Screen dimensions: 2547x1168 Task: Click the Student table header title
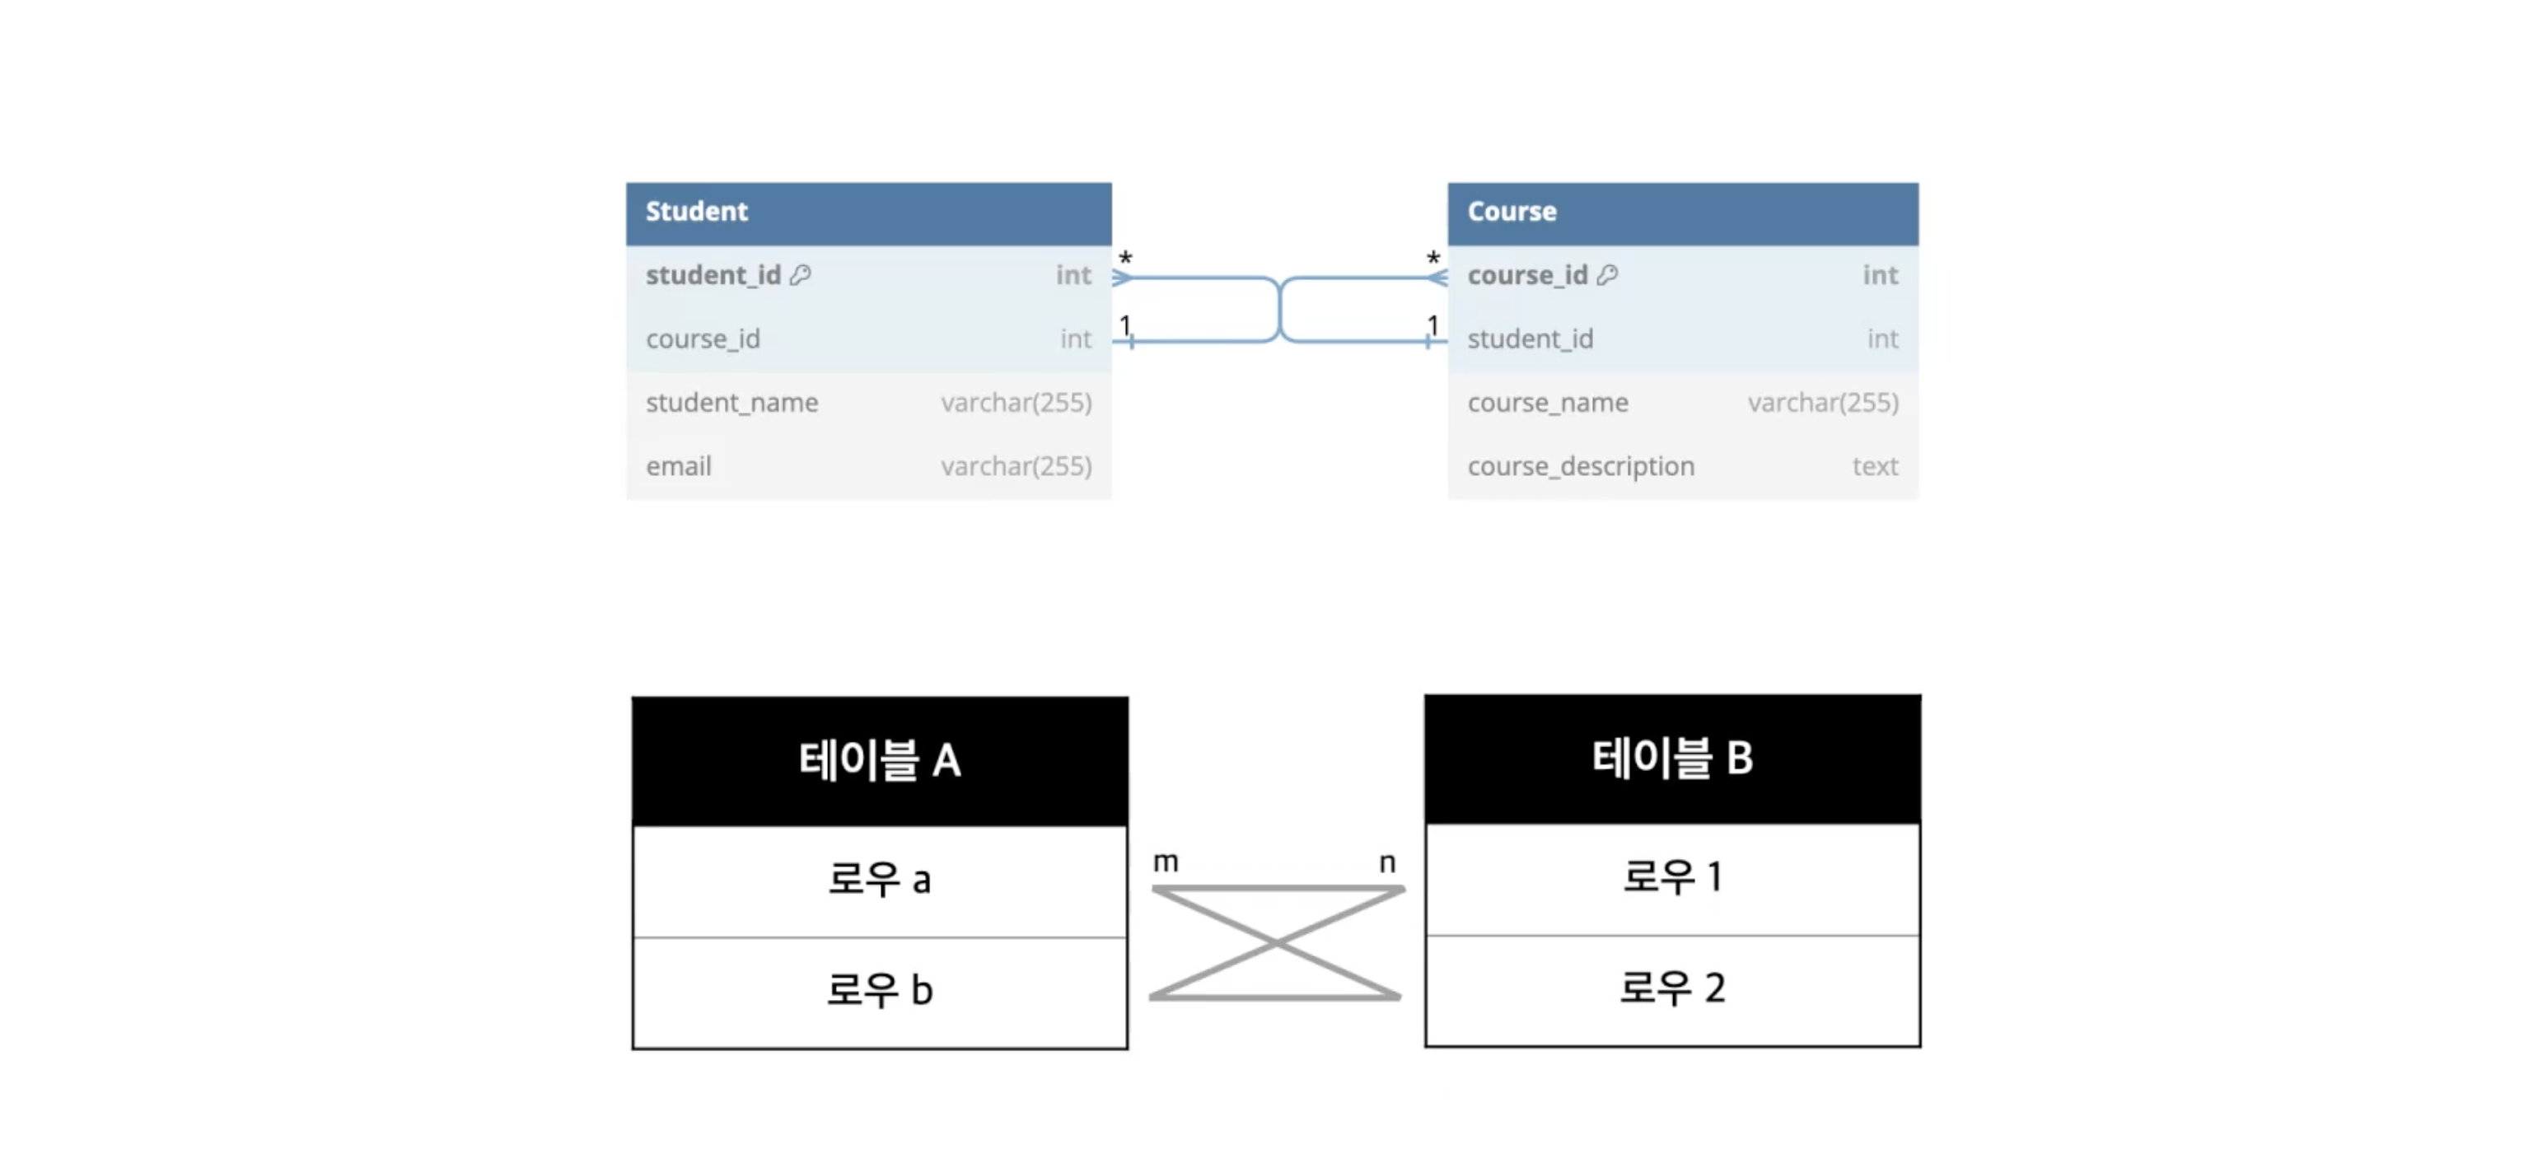point(696,212)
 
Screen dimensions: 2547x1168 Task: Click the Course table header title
point(1512,212)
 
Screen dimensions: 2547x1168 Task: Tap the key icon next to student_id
point(801,275)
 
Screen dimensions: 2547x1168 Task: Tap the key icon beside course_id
point(1608,275)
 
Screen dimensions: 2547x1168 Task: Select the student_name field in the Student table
point(731,403)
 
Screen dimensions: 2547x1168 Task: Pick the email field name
point(678,466)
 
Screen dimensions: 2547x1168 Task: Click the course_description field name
point(1580,467)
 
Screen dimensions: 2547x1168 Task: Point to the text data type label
point(1875,466)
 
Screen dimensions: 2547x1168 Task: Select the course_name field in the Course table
point(1547,403)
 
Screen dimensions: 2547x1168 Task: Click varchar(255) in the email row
point(1016,466)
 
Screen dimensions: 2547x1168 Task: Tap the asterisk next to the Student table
point(1125,259)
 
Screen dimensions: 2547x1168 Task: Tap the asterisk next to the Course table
point(1433,259)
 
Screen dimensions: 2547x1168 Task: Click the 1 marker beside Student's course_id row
point(1125,325)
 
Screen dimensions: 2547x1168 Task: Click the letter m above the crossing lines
point(1166,862)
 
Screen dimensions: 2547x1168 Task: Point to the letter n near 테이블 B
point(1388,862)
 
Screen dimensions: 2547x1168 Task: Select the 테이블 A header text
point(879,760)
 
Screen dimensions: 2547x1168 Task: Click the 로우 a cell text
point(879,879)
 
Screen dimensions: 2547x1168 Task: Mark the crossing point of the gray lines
point(1277,943)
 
